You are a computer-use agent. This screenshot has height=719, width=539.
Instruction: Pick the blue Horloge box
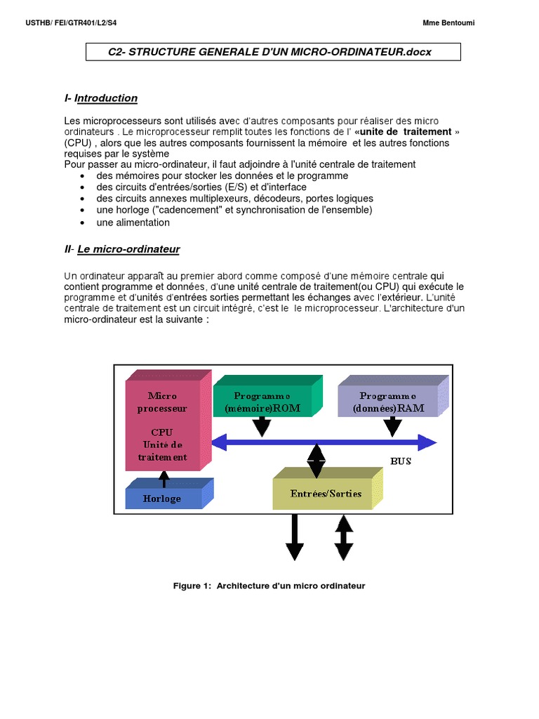click(163, 498)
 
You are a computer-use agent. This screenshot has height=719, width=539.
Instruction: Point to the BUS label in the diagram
click(400, 461)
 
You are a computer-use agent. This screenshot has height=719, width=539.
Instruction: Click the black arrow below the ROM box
click(261, 426)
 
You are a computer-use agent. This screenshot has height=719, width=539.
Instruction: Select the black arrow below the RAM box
click(392, 426)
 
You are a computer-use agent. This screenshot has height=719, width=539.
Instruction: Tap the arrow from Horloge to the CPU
click(164, 478)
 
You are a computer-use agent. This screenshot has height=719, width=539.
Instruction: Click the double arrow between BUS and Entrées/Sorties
click(317, 461)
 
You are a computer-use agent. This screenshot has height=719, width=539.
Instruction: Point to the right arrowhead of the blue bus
click(426, 442)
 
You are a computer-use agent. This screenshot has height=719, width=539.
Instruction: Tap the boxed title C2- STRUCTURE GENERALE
click(270, 53)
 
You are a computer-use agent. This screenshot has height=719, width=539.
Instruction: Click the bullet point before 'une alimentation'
click(84, 223)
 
